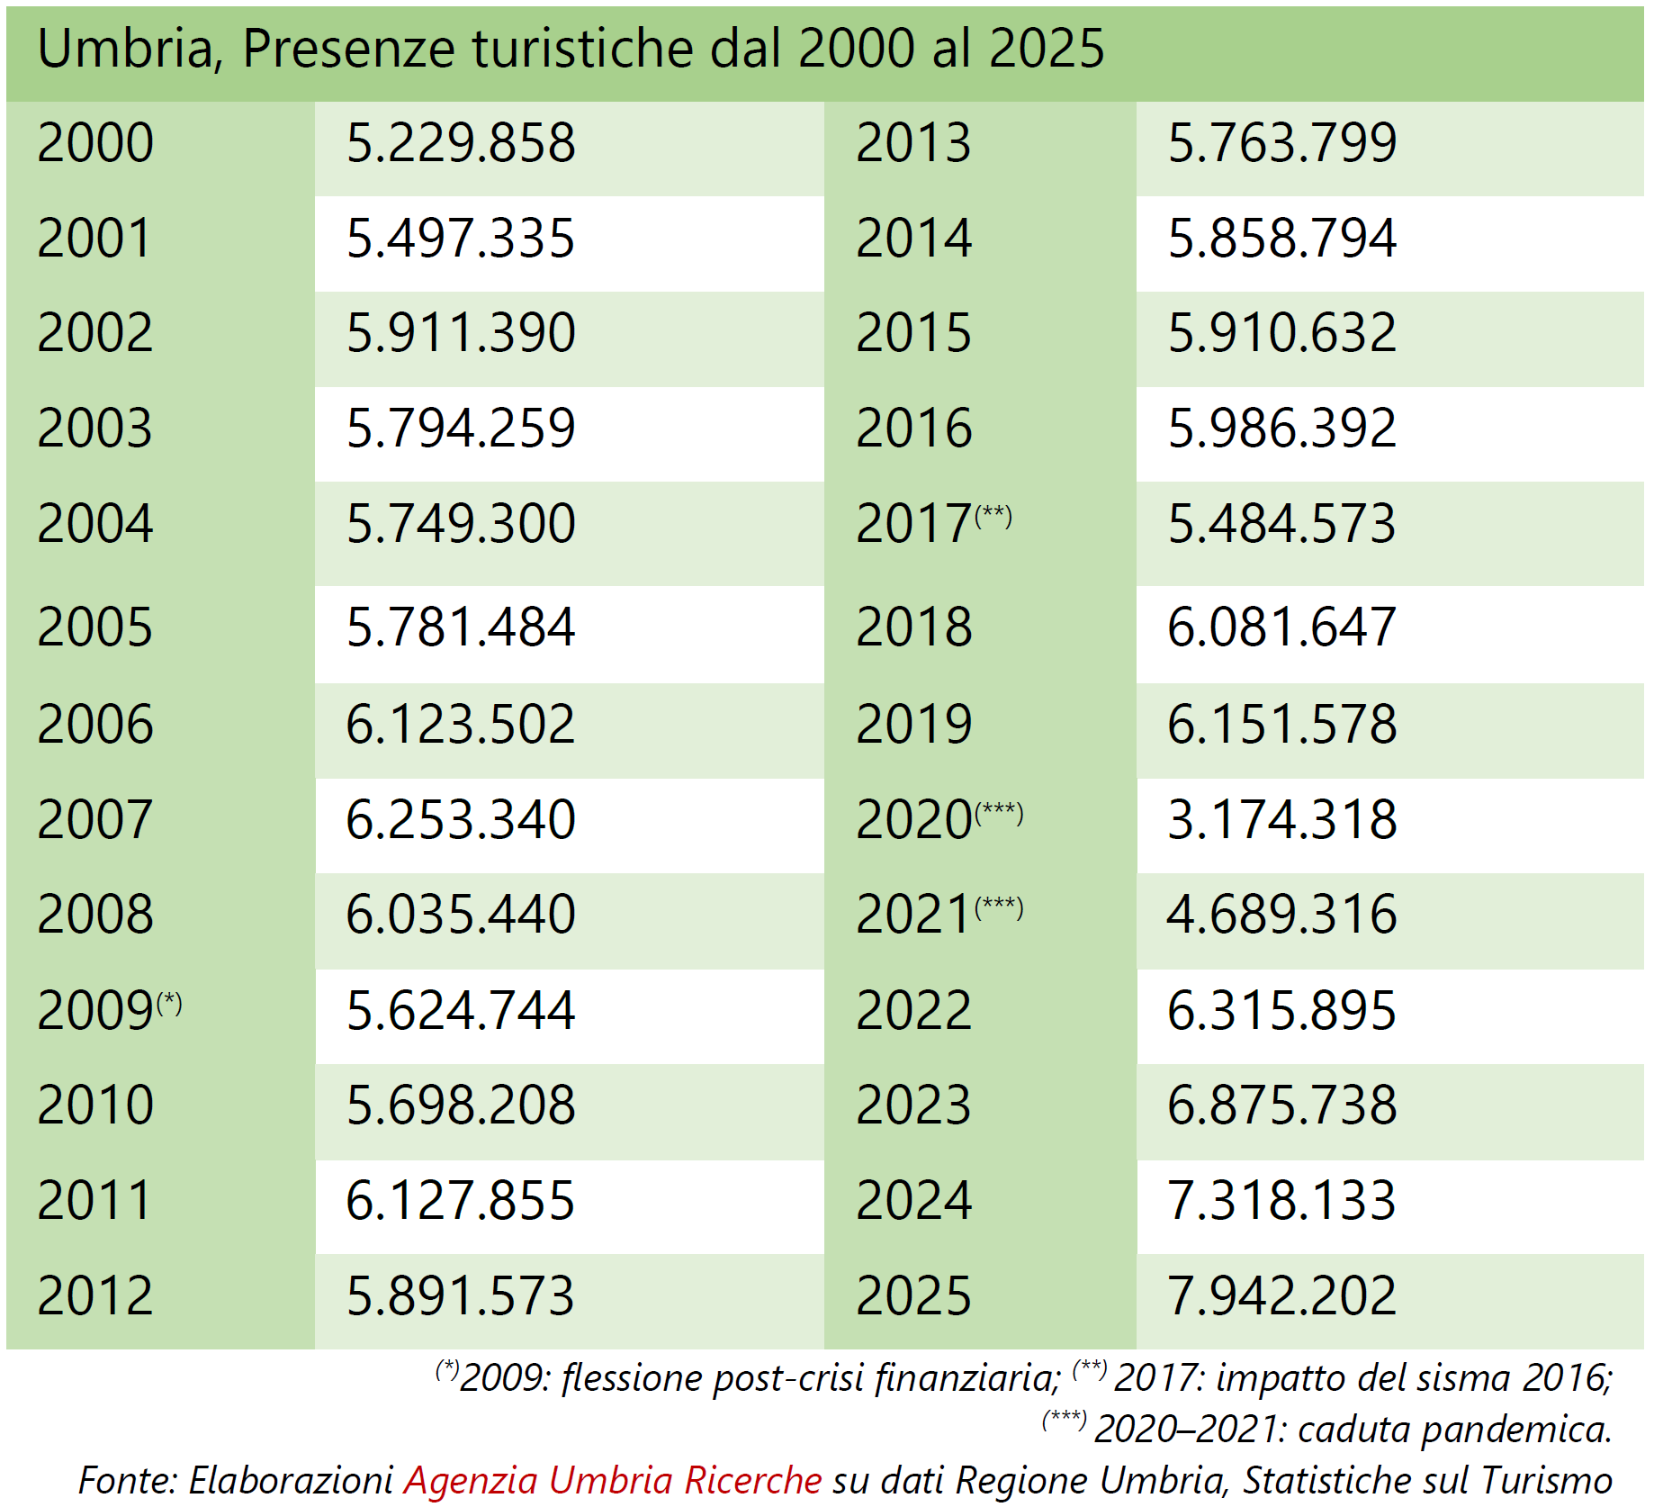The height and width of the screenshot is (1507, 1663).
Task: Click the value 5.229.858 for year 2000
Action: [x=460, y=143]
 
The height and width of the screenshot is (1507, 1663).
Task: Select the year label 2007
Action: [x=94, y=820]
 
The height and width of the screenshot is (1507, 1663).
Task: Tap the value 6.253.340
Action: [x=460, y=820]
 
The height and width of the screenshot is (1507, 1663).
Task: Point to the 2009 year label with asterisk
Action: [x=108, y=1010]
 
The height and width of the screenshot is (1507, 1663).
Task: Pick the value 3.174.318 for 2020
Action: [x=1281, y=820]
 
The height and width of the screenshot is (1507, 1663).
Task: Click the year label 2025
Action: [x=913, y=1296]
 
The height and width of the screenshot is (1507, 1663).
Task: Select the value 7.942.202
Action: [x=1281, y=1296]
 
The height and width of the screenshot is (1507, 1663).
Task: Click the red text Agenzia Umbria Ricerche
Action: [x=612, y=1480]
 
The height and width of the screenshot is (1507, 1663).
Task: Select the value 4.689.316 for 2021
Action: [x=1281, y=915]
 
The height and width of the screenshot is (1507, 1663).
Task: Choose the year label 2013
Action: [x=913, y=143]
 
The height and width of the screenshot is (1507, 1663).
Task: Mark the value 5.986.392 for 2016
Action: [x=1281, y=429]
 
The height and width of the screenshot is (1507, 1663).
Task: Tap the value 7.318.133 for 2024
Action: [x=1281, y=1201]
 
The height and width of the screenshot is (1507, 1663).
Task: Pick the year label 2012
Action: [x=94, y=1296]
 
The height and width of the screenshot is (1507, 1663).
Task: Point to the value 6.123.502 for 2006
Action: [x=460, y=725]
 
